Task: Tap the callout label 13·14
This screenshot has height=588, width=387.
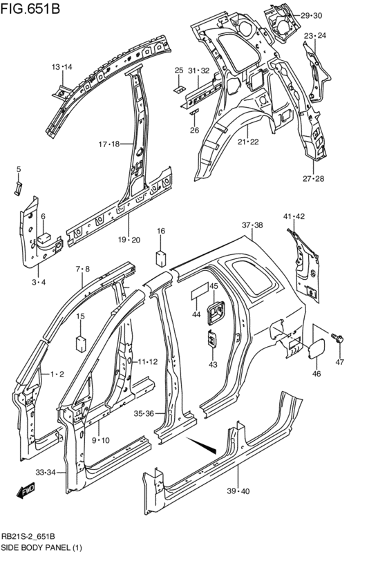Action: tap(62, 67)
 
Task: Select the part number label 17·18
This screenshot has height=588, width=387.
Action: tap(108, 144)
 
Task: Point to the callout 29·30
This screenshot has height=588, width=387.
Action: tap(311, 15)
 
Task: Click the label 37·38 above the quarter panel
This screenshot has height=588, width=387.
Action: tap(252, 225)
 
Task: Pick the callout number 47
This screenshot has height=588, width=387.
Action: tap(339, 363)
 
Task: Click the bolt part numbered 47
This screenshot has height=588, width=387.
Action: tap(338, 339)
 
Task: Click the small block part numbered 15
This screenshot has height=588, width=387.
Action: tap(80, 342)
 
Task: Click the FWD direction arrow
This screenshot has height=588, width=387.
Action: tap(26, 491)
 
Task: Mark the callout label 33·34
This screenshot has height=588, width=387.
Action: tap(46, 473)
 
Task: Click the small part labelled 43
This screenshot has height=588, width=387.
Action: tap(211, 340)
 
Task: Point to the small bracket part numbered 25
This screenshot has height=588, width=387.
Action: tap(178, 88)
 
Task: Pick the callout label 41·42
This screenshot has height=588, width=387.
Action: tap(294, 217)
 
